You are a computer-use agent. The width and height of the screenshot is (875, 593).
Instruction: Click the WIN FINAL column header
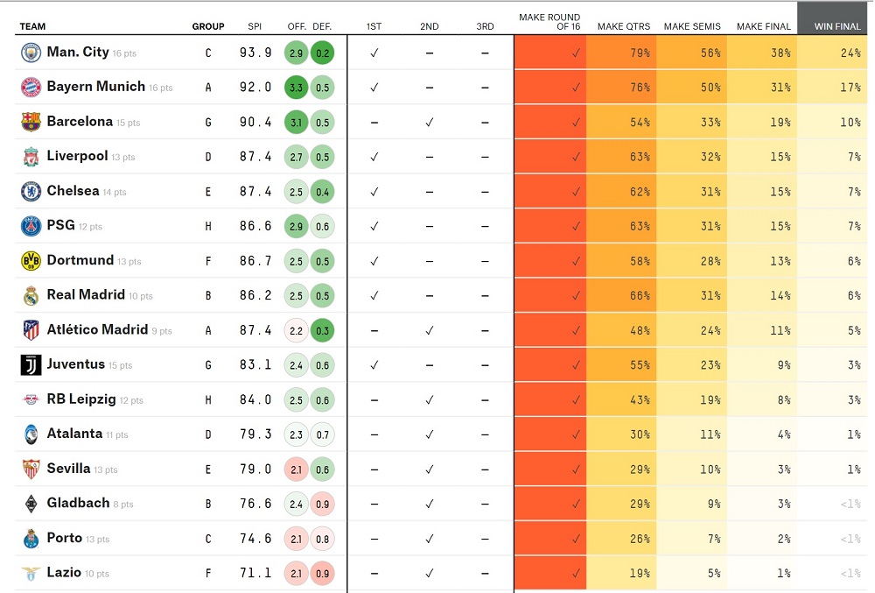[836, 26]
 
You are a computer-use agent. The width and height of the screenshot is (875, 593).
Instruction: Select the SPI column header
[255, 26]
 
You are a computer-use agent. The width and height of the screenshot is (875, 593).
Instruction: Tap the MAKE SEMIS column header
[692, 26]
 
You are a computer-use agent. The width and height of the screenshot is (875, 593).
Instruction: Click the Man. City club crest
[31, 53]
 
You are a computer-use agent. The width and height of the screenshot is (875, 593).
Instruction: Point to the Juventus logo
[31, 365]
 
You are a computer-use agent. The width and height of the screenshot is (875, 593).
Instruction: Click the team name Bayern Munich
[95, 87]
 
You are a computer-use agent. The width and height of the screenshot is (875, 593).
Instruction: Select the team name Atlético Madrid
[97, 330]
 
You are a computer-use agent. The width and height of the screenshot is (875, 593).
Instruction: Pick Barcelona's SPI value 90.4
[255, 122]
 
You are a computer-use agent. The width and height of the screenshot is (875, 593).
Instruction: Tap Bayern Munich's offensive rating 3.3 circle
[296, 88]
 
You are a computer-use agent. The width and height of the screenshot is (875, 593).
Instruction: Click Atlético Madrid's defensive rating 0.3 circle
[322, 330]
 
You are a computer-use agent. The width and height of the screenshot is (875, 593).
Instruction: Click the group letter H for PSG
[208, 226]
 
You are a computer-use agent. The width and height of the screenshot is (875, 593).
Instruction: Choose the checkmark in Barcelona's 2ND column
[429, 122]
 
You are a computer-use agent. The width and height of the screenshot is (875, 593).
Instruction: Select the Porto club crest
[31, 539]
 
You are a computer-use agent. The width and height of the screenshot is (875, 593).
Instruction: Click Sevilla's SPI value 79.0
[255, 469]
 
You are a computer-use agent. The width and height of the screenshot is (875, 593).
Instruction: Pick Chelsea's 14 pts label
[115, 193]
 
